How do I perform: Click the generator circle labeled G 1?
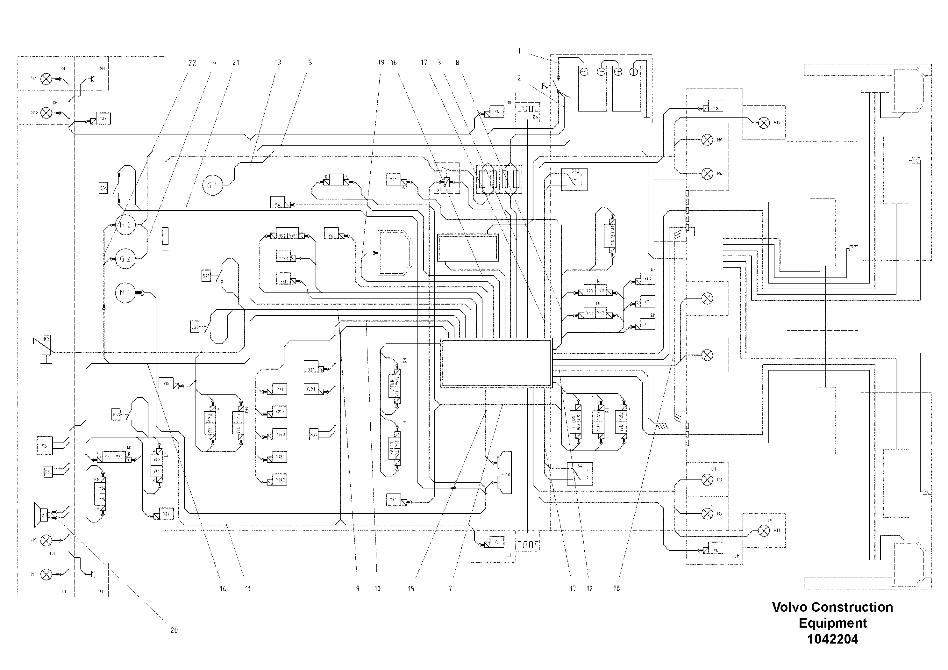(x=212, y=185)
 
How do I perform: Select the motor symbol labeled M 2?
(x=125, y=225)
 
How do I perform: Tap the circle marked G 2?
(x=125, y=259)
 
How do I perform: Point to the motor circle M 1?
(x=125, y=293)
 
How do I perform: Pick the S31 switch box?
(x=45, y=446)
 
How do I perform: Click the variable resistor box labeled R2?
(x=47, y=345)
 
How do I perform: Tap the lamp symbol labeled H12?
(x=764, y=123)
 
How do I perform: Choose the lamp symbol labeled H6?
(x=708, y=140)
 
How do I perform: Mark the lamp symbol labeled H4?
(x=708, y=174)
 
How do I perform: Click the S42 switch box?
(x=574, y=179)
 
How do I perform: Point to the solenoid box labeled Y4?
(x=497, y=112)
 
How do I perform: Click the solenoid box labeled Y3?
(x=497, y=542)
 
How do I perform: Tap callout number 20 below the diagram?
(x=174, y=630)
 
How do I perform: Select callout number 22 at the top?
(x=192, y=63)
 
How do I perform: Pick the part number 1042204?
(x=832, y=639)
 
